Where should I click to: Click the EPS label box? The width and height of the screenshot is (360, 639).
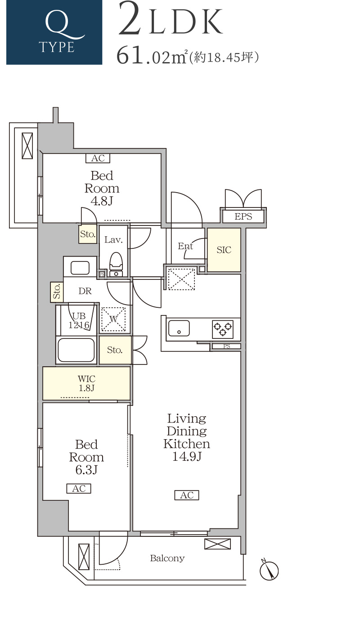click(243, 216)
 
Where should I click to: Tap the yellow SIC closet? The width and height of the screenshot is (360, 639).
click(224, 250)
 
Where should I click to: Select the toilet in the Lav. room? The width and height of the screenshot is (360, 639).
click(116, 265)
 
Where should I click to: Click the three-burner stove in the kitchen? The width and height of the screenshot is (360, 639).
click(223, 329)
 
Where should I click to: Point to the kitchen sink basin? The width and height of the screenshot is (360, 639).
click(179, 328)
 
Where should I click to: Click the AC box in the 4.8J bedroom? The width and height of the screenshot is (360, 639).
click(98, 158)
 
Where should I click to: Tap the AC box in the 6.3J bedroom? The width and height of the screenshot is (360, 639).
click(79, 488)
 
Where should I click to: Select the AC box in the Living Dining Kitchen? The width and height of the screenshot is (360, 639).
click(187, 495)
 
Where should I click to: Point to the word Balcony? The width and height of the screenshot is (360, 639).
click(167, 558)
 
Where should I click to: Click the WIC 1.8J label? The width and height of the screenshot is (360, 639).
click(86, 383)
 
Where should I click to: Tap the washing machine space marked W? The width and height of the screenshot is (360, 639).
click(113, 319)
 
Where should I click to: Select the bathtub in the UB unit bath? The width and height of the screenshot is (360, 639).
click(76, 350)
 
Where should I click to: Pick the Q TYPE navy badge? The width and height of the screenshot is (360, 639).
click(54, 32)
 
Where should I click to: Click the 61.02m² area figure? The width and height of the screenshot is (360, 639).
click(152, 55)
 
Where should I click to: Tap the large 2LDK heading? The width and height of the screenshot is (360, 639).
click(170, 19)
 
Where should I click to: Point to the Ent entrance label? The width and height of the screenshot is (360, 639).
click(185, 246)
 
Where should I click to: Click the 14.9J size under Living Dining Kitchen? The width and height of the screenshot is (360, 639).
click(187, 456)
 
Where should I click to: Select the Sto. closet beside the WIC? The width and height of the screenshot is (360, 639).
click(115, 350)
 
